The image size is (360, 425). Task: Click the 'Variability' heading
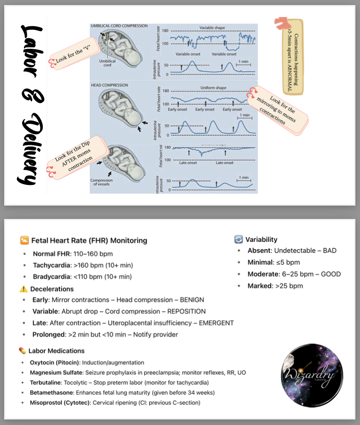coord(261,239)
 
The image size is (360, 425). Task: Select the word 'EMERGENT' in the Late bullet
coord(216,323)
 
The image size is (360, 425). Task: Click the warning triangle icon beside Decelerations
coord(23,289)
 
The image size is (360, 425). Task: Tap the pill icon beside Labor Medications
coord(23,350)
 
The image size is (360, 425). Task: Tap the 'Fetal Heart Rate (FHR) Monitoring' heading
coord(89,240)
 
